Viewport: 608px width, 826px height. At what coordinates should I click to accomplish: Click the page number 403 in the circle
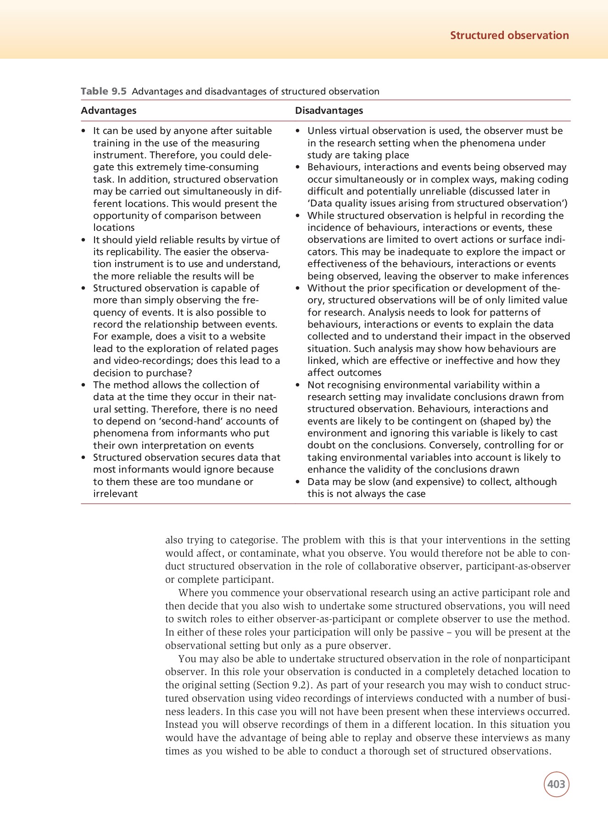[556, 784]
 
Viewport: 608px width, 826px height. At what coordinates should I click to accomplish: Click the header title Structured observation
[509, 35]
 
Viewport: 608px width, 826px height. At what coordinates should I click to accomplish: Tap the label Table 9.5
[103, 91]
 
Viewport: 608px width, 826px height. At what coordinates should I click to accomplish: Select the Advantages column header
[108, 111]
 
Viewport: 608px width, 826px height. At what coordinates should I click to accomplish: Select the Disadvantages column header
[329, 111]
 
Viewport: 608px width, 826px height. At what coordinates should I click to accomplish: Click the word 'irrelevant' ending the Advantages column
[115, 494]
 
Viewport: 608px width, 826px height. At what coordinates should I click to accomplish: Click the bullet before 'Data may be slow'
[298, 482]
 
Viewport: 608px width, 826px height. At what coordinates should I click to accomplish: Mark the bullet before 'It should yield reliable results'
[84, 240]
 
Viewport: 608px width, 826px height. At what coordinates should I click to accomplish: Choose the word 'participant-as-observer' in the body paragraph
[518, 566]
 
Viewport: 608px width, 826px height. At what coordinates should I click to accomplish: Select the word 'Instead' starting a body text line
[181, 725]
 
